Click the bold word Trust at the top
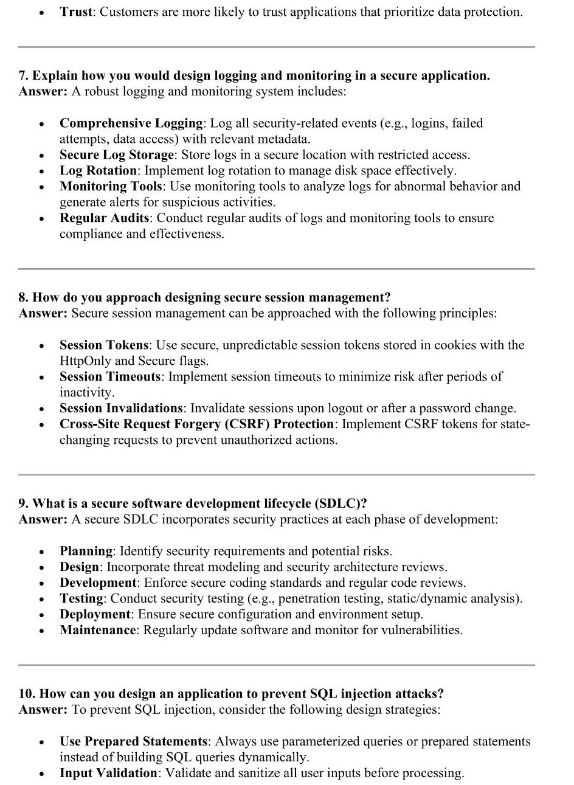pos(75,12)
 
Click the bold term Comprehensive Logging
pos(131,123)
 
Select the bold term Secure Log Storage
pos(116,155)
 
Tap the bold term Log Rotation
pos(98,171)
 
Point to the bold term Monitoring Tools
pos(111,187)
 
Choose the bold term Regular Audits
pos(104,218)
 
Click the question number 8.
pos(23,297)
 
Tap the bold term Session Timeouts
pos(110,377)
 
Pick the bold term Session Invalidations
pos(121,409)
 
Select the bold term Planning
pos(86,552)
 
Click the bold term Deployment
pos(95,615)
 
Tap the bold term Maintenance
pos(98,631)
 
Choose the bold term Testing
pos(81,599)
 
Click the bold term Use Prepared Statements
pos(134,742)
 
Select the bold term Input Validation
pos(108,773)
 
